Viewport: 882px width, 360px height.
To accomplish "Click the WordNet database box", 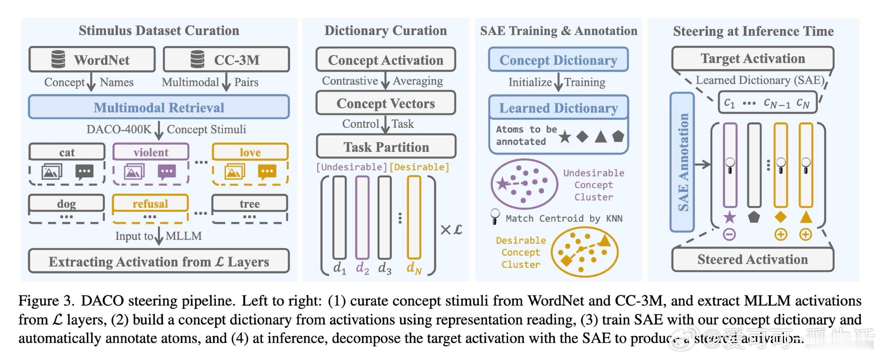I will (x=92, y=60).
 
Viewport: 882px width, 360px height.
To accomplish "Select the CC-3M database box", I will (x=226, y=60).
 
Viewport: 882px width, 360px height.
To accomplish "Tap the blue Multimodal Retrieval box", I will (x=159, y=108).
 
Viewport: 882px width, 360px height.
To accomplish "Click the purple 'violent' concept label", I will (x=151, y=152).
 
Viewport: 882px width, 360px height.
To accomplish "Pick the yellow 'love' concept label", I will (x=250, y=152).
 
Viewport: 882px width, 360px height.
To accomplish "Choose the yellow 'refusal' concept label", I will (x=150, y=203).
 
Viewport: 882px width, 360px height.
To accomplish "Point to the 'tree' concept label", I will (x=250, y=203).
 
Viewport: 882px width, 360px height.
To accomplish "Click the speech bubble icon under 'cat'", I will (x=84, y=172).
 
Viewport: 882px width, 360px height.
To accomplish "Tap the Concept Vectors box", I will (x=386, y=103).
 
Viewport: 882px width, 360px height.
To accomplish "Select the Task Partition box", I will (x=386, y=147).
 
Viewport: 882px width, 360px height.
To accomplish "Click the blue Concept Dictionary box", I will (x=558, y=60).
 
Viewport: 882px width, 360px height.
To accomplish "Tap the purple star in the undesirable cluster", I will (x=502, y=184).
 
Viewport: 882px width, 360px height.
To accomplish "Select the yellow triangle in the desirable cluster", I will (x=605, y=240).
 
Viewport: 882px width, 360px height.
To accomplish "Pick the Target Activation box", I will (x=753, y=59).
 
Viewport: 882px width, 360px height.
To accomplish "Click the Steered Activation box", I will (x=753, y=260).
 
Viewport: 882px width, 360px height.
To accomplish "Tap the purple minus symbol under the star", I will (x=729, y=235).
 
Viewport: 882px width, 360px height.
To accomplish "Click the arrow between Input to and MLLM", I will (x=159, y=236).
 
